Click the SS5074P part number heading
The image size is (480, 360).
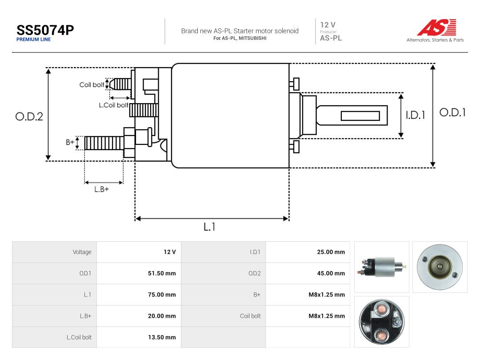pyautogui.click(x=45, y=30)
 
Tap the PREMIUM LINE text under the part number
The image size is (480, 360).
pyautogui.click(x=33, y=40)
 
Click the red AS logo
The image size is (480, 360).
pyautogui.click(x=437, y=27)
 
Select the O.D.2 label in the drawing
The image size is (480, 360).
pyautogui.click(x=29, y=116)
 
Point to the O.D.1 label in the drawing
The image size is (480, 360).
pyautogui.click(x=452, y=112)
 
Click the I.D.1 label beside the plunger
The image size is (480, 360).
pyautogui.click(x=416, y=115)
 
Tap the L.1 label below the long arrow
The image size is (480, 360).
pyautogui.click(x=209, y=227)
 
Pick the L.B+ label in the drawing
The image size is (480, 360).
pyautogui.click(x=101, y=189)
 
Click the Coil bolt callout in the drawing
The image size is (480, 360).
pyautogui.click(x=92, y=85)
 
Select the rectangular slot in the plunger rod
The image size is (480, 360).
pyautogui.click(x=360, y=116)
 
